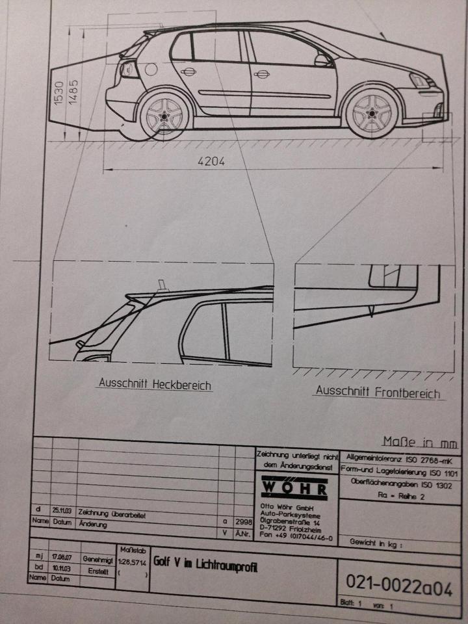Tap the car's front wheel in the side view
coord(372,112)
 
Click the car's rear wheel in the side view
coord(164,115)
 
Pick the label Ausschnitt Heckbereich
coord(155,384)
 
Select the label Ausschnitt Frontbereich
coord(377,392)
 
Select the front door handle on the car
coord(262,74)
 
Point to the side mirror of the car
coord(322,60)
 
